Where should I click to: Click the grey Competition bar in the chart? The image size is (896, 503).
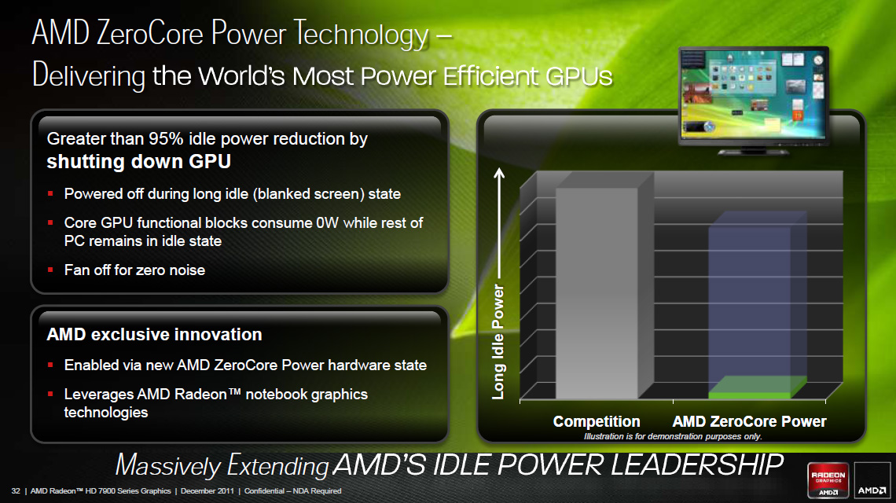tap(597, 292)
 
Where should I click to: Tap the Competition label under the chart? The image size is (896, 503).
tap(597, 422)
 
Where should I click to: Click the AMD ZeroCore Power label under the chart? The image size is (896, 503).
tap(749, 422)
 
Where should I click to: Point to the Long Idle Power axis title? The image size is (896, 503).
tap(498, 342)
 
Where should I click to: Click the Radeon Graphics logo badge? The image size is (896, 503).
tap(828, 479)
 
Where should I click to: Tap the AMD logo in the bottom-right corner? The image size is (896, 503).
tap(872, 480)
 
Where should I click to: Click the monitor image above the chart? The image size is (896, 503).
tap(753, 100)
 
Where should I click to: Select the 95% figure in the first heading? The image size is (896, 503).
tap(166, 139)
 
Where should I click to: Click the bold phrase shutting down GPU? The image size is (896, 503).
tap(139, 162)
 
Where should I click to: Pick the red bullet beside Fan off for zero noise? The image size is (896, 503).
tap(50, 270)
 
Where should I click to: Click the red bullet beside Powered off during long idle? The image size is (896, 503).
tap(50, 194)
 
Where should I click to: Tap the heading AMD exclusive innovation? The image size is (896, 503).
tap(154, 334)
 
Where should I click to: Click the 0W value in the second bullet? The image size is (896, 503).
tap(328, 223)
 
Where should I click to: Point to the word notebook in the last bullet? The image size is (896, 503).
tap(272, 395)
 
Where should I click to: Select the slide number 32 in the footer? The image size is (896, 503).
tap(16, 491)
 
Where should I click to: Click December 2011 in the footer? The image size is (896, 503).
tap(207, 491)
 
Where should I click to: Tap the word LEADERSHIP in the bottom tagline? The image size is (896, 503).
tap(697, 464)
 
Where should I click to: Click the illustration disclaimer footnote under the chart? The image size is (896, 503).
tap(673, 437)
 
